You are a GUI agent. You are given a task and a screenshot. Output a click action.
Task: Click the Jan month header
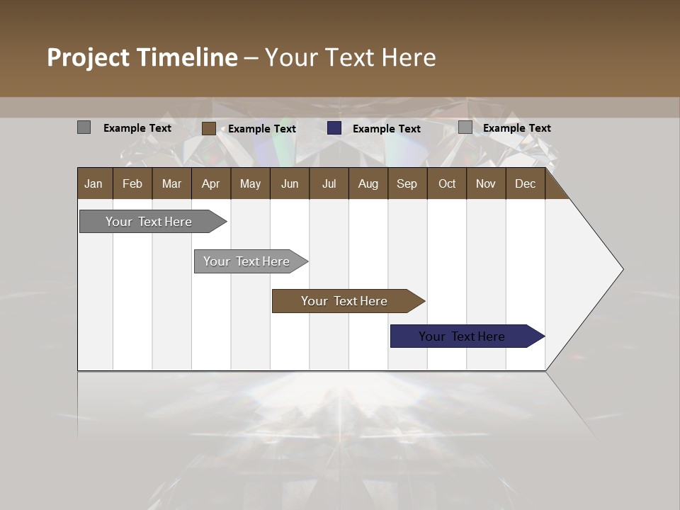93,183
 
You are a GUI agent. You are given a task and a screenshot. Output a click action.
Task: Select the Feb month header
132,183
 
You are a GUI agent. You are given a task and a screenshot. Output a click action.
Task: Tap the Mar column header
171,183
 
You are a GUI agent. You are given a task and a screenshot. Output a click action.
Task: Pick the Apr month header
211,183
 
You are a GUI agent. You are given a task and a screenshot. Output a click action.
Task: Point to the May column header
250,183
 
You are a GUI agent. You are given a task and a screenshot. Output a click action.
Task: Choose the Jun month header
290,183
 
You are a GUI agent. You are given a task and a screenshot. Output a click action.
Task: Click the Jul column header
329,183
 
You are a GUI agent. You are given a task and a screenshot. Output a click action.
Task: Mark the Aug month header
368,183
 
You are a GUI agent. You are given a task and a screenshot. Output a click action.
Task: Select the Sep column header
407,183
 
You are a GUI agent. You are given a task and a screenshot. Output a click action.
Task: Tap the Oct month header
447,183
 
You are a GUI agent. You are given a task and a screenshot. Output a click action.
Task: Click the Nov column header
486,183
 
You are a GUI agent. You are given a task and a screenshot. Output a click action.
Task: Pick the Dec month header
526,183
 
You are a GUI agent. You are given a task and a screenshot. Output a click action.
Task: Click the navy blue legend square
334,128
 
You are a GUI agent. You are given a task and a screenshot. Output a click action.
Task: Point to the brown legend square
209,128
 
